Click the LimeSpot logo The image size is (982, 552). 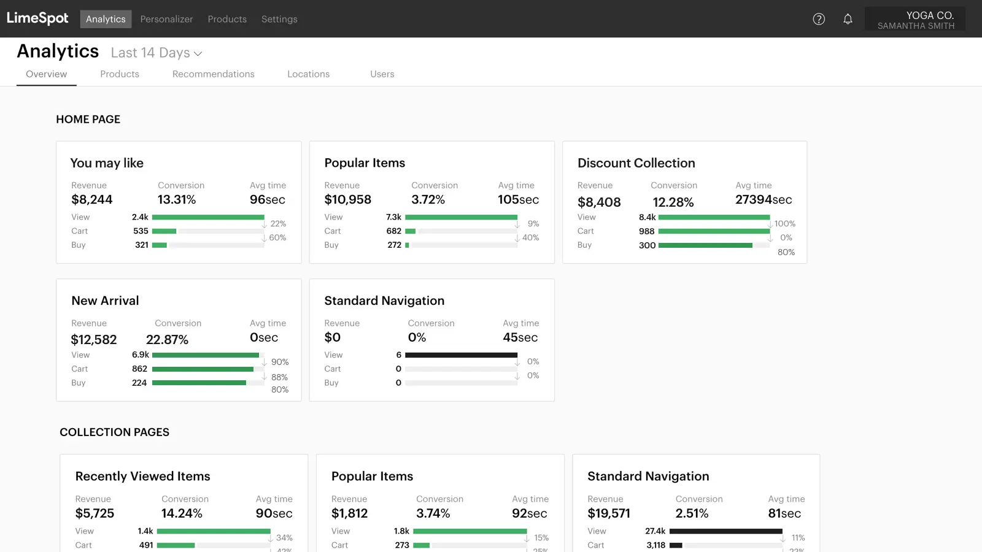click(37, 18)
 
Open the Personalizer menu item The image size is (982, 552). click(166, 19)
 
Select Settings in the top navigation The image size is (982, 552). click(279, 19)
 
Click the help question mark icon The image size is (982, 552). click(819, 19)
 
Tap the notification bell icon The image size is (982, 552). click(848, 19)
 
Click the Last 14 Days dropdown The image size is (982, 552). click(157, 53)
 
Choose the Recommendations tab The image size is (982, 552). click(213, 74)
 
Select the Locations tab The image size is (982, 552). click(308, 74)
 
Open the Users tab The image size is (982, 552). click(382, 74)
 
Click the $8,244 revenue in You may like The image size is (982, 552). click(92, 199)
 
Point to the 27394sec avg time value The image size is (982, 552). click(764, 199)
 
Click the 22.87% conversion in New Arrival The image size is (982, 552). click(167, 340)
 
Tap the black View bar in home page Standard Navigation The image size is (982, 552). click(461, 355)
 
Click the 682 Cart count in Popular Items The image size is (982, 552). click(394, 231)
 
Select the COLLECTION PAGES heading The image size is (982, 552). click(114, 432)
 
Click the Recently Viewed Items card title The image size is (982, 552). click(142, 477)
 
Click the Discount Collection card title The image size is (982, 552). click(636, 163)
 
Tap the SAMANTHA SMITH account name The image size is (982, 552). click(916, 26)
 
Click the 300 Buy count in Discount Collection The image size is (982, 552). click(647, 245)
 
